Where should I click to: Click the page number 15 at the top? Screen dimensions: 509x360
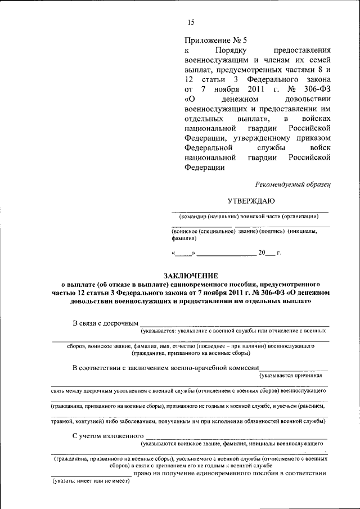pos(190,22)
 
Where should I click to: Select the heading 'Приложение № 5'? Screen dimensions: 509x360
pos(215,40)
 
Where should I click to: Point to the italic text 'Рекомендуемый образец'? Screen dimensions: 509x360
pos(292,183)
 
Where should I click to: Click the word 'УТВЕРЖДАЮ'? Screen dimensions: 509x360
pos(251,200)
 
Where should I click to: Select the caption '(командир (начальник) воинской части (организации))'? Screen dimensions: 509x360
pos(250,217)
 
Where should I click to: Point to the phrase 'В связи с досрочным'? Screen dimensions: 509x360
pos(105,323)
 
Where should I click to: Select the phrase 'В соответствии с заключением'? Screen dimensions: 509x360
pos(132,367)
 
